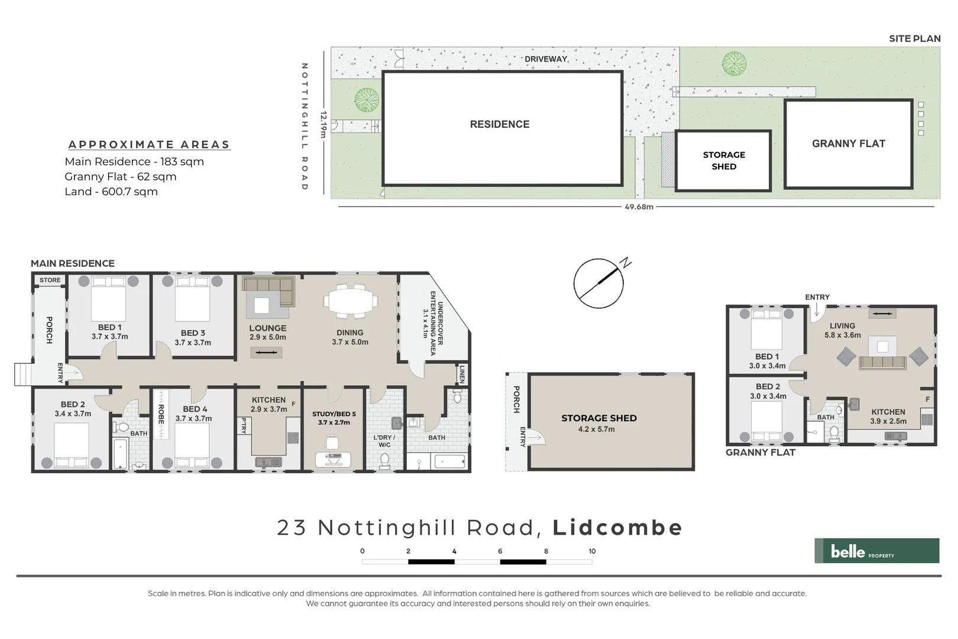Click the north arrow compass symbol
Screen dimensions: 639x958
[x=598, y=283]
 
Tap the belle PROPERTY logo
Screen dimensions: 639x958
[x=876, y=550]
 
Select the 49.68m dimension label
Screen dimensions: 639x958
[x=639, y=207]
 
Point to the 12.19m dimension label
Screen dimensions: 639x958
[x=323, y=124]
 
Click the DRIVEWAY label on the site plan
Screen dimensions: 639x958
[x=545, y=59]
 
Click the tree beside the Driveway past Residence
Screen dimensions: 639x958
[x=733, y=63]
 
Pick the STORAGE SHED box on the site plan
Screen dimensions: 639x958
[x=723, y=160]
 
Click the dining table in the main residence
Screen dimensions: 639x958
[x=350, y=301]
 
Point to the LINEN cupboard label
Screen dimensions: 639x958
[x=462, y=373]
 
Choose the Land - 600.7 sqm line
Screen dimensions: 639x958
[x=111, y=192]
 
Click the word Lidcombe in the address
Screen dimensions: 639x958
[x=617, y=527]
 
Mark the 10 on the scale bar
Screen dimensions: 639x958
[x=592, y=551]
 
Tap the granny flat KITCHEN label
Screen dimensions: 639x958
[x=888, y=412]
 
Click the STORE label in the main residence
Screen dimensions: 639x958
[x=50, y=280]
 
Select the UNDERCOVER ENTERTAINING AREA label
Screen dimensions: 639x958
[x=436, y=324]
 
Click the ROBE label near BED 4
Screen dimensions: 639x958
[x=161, y=414]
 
